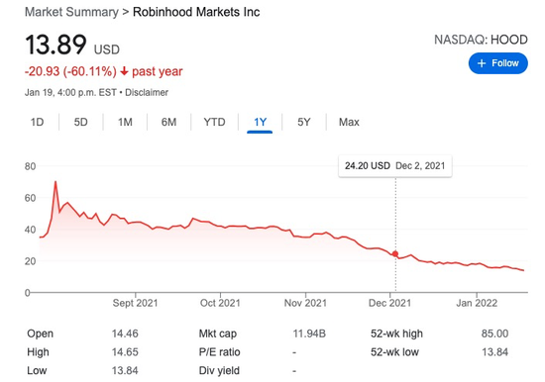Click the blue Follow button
pos(497,63)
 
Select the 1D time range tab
pos(38,122)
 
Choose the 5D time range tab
pos(81,122)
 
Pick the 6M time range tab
pos(169,122)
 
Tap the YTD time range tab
pos(214,122)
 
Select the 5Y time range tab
pos(304,122)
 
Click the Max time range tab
pos(349,122)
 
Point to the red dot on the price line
pos(396,254)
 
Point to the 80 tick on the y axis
pos(30,165)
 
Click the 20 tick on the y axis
pos(30,260)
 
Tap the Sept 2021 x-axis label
pos(137,302)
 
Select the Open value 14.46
pos(125,334)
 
